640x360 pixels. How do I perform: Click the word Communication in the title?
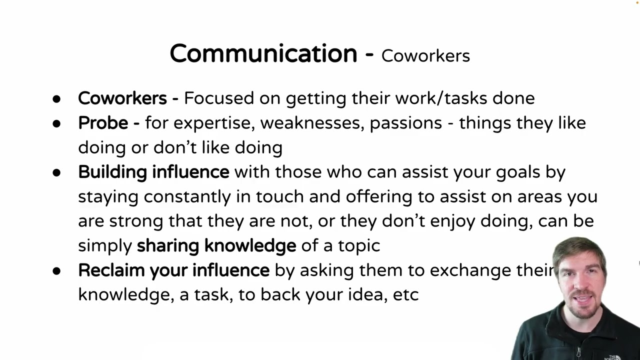[x=263, y=53]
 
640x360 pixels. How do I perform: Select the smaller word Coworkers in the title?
[x=425, y=56]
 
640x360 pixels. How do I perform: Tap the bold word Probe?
[x=103, y=123]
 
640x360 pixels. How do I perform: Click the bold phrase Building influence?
[x=153, y=172]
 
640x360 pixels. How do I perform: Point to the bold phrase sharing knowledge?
[x=216, y=245]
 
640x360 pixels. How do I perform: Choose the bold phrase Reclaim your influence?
[x=173, y=270]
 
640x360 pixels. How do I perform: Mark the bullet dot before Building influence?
[x=56, y=173]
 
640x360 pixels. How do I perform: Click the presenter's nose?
[x=581, y=283]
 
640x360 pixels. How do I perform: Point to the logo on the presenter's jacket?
[x=612, y=357]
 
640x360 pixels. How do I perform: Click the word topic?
[x=359, y=246]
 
